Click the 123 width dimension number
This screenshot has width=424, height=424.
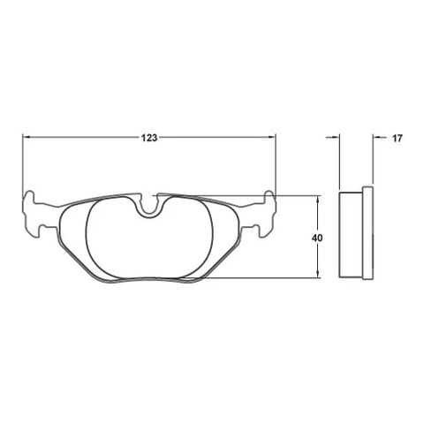click(x=149, y=138)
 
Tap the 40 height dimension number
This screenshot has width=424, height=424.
click(x=317, y=238)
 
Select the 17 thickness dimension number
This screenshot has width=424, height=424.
click(x=397, y=138)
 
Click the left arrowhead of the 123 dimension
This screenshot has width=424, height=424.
click(x=26, y=137)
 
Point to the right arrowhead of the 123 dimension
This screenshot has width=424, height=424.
click(x=272, y=137)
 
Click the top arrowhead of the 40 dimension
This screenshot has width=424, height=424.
click(x=317, y=200)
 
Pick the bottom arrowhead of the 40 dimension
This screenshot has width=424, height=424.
click(x=317, y=274)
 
